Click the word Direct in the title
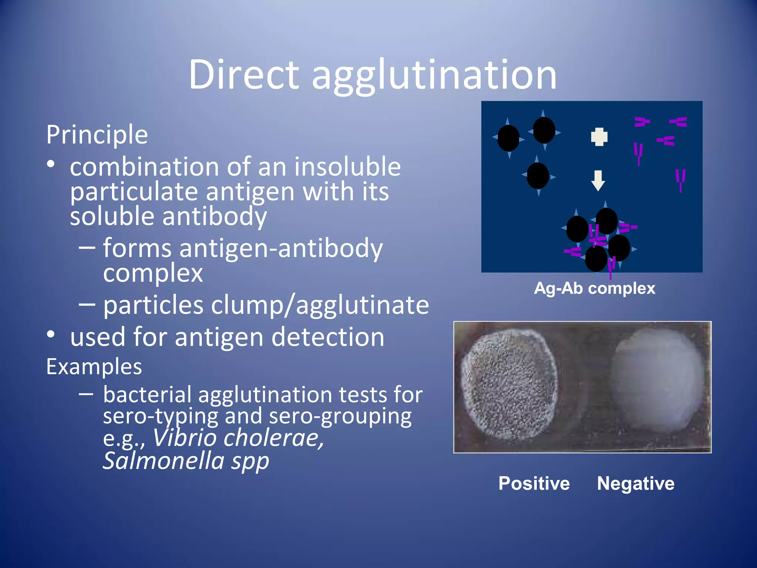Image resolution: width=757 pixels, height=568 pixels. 244,75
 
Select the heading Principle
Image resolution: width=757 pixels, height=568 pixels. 97,135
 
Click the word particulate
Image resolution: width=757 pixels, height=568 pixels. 134,192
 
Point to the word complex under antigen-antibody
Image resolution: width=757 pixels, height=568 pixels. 153,274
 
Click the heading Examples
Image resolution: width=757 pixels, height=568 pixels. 94,367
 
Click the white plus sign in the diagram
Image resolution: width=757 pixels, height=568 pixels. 599,137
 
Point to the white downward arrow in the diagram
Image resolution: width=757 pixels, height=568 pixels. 598,180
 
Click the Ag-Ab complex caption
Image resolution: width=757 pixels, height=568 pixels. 594,288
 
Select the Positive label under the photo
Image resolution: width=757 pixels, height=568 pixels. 534,483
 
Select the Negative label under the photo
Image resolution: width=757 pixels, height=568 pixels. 635,483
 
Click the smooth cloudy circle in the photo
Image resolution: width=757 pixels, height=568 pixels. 656,381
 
